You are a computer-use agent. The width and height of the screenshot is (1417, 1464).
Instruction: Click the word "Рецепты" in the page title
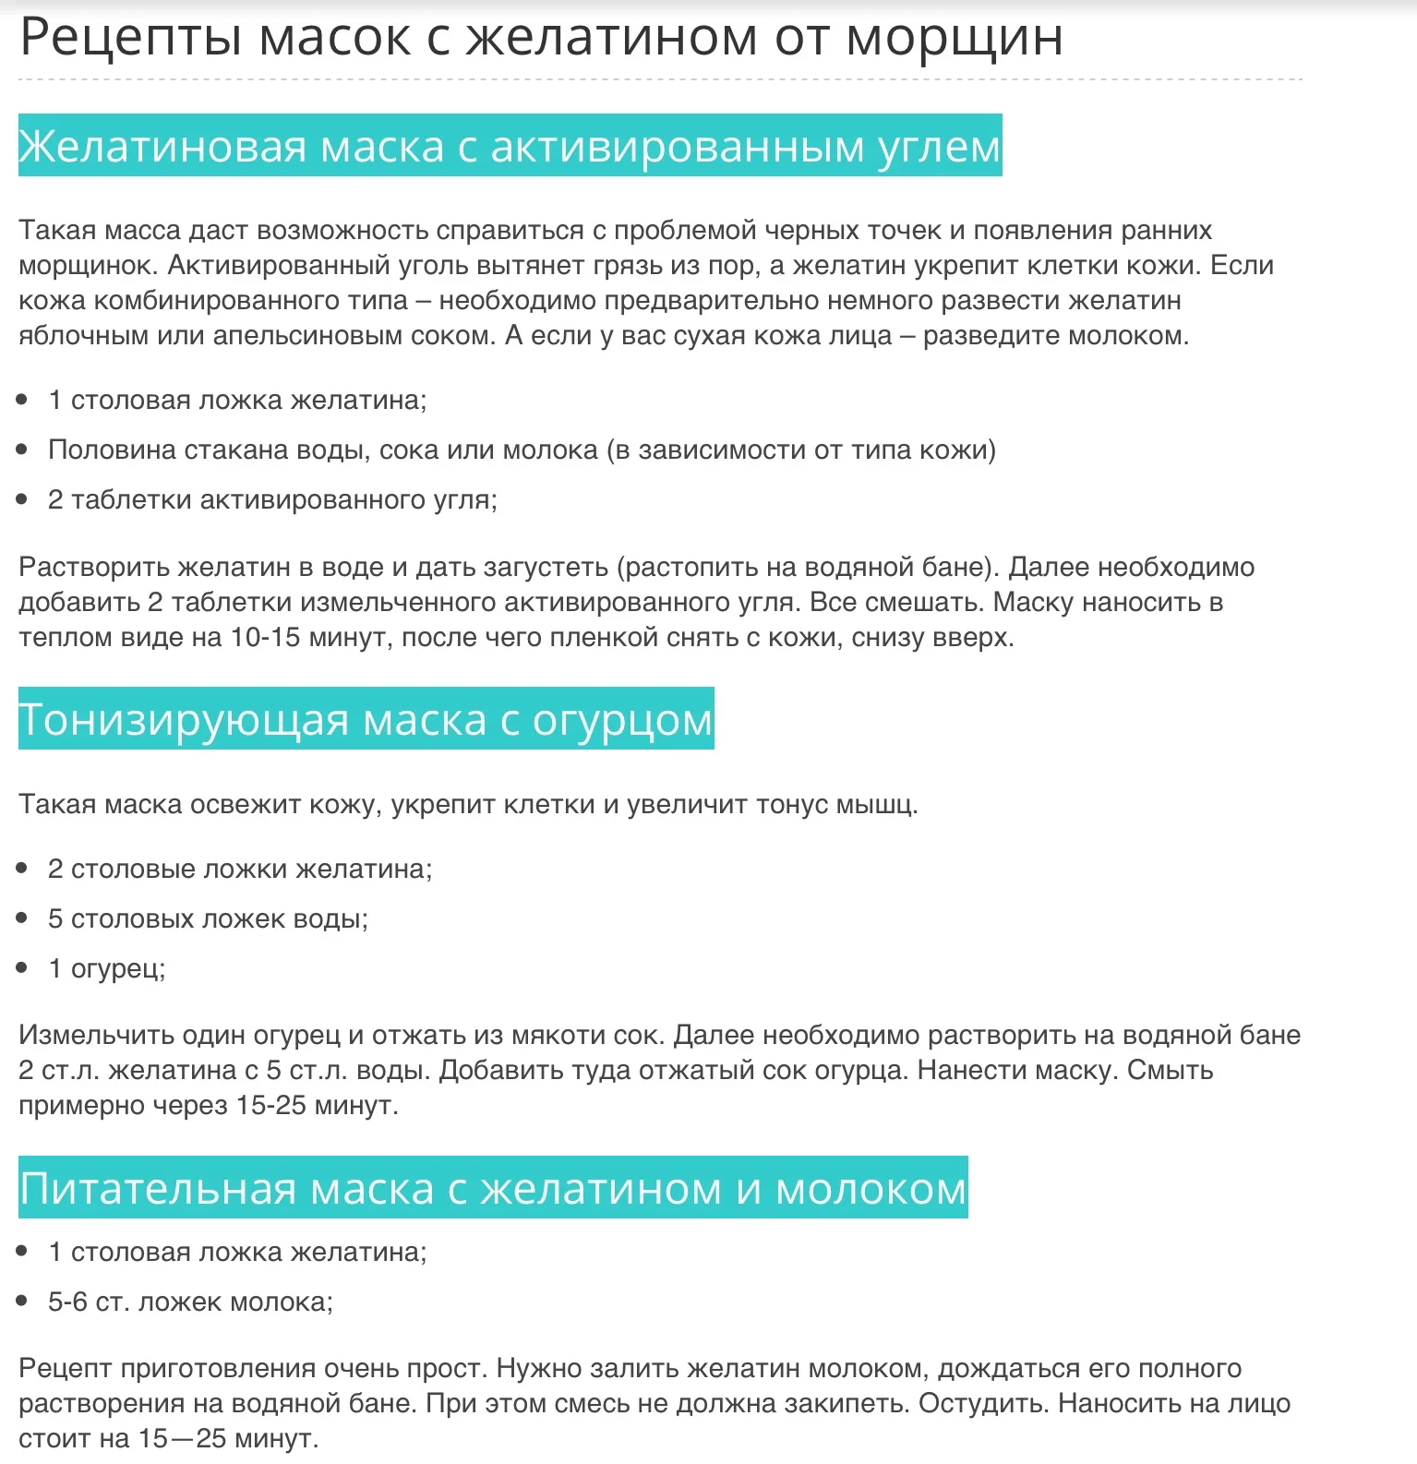(x=130, y=39)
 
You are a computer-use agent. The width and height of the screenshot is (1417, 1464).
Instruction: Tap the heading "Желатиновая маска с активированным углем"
(x=510, y=146)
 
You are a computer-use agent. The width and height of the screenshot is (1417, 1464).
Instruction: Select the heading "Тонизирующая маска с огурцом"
(x=366, y=719)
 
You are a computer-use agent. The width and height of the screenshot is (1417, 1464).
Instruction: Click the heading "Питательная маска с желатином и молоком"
(x=493, y=1188)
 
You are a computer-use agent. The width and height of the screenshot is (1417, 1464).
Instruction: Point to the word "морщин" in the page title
(x=955, y=39)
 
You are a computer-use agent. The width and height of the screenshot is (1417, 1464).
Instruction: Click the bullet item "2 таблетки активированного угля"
(x=272, y=499)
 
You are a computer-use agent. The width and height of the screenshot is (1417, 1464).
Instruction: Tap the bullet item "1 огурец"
(x=106, y=968)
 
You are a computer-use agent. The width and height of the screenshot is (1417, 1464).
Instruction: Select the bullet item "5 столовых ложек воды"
(x=208, y=918)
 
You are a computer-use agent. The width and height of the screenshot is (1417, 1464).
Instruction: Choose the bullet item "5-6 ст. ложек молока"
(x=190, y=1302)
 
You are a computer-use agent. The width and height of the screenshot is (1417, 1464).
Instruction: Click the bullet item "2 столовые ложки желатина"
(x=240, y=869)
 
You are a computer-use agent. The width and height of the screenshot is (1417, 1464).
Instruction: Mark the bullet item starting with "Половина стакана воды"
(x=522, y=450)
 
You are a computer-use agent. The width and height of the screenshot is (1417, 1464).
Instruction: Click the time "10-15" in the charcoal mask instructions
(x=265, y=637)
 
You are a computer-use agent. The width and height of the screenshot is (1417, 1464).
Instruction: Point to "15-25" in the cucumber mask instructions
(x=270, y=1105)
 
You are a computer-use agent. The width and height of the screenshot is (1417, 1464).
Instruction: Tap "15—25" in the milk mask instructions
(x=183, y=1438)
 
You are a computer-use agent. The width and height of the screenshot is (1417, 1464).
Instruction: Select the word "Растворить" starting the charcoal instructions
(x=93, y=567)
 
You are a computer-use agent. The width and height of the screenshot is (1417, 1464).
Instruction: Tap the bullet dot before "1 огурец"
(x=23, y=967)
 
